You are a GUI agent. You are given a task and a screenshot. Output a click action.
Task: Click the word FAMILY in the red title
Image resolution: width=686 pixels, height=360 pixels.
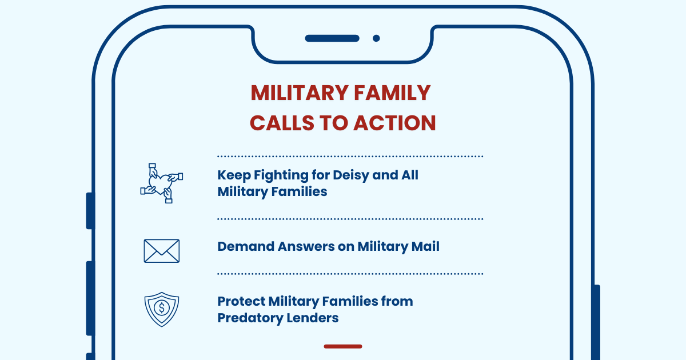[392, 93]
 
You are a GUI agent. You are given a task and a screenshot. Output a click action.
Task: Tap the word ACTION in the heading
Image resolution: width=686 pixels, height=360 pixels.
[394, 123]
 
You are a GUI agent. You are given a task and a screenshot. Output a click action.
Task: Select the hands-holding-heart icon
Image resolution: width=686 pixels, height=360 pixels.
[162, 183]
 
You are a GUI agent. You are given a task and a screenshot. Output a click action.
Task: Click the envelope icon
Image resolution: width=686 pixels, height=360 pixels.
[162, 251]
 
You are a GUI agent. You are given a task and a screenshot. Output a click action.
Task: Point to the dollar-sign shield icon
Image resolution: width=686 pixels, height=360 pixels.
[162, 309]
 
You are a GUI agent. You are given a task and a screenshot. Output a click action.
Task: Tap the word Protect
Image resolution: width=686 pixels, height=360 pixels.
[241, 301]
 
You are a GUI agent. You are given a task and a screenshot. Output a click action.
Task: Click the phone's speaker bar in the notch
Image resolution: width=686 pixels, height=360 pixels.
[332, 38]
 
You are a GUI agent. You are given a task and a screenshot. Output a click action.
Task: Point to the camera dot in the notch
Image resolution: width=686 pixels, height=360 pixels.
[376, 38]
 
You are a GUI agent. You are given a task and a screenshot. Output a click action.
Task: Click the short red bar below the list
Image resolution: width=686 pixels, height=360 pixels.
[343, 346]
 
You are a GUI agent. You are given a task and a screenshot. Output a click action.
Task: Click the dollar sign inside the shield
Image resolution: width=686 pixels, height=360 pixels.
[162, 307]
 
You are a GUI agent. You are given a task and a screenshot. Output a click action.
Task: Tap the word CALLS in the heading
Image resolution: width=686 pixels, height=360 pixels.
[282, 123]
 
